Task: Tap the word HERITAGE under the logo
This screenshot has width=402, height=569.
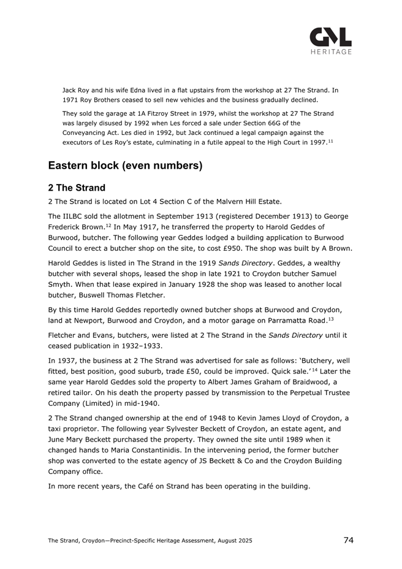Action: coord(330,52)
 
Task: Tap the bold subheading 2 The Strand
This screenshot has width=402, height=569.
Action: coord(77,188)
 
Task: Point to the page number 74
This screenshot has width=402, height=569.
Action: coord(348,540)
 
